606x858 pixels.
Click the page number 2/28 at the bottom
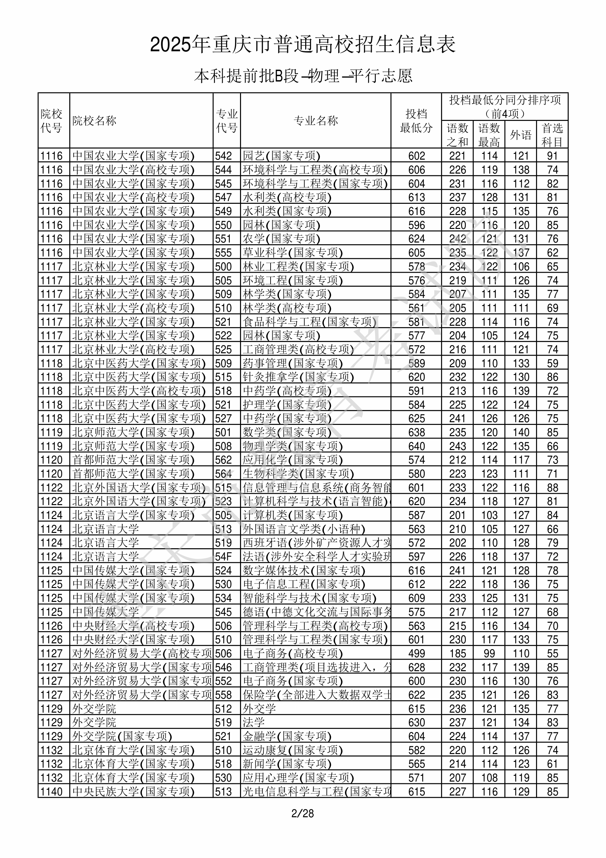(302, 813)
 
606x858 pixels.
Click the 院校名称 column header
(94, 121)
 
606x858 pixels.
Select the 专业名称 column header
(316, 121)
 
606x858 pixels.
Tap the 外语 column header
(521, 135)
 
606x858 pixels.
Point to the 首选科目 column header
(552, 135)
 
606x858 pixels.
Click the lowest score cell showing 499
(417, 654)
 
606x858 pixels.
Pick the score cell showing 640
(417, 446)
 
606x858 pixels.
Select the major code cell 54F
(223, 557)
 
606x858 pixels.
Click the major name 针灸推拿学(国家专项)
(298, 377)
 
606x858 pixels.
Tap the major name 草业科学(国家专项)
(293, 253)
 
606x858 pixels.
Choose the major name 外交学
(259, 709)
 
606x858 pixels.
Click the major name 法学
(254, 722)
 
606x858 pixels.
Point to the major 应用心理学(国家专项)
(298, 777)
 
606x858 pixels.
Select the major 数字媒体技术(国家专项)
(304, 571)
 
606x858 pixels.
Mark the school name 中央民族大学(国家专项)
(133, 791)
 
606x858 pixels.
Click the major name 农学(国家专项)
(281, 239)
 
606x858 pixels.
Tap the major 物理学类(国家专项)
(293, 446)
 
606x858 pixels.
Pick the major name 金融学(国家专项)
(287, 736)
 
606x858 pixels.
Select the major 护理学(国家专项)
(287, 405)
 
